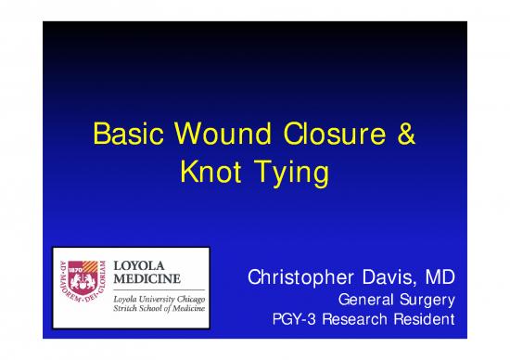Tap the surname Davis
[397, 277]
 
